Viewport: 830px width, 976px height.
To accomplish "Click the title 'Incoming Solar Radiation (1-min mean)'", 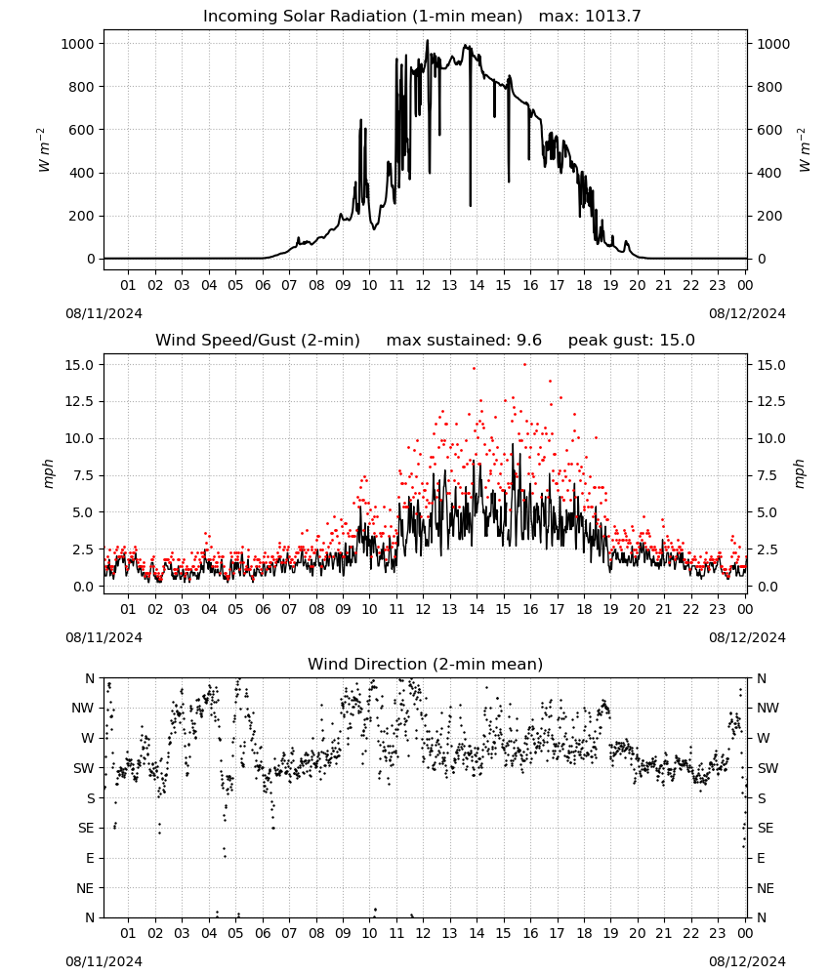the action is [x=362, y=17].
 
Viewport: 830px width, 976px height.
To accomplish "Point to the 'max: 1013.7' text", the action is [x=590, y=17].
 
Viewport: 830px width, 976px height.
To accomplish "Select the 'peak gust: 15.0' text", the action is [x=632, y=340].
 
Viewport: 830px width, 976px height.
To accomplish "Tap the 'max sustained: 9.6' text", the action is [x=464, y=340].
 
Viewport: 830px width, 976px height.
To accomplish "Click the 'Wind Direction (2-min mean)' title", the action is [x=426, y=664].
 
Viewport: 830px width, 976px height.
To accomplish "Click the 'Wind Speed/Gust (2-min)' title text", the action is [x=258, y=340].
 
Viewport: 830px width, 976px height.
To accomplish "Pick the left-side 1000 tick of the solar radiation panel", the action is [x=77, y=44].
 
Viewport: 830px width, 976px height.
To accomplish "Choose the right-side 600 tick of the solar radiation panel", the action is [x=769, y=130].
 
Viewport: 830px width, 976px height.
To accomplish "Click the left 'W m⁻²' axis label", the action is [x=43, y=150].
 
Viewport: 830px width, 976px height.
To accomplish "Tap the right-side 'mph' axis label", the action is [x=800, y=474].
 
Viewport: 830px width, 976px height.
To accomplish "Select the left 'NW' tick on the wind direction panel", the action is [x=83, y=709].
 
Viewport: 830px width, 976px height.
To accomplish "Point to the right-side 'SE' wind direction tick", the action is [x=766, y=829].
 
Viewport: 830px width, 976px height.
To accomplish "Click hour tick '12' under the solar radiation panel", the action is [x=424, y=286].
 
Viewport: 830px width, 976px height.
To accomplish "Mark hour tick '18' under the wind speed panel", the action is [x=584, y=609].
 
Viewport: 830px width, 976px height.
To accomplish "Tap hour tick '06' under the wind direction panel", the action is [x=263, y=934].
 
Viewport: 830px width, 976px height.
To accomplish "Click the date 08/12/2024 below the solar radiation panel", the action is [x=747, y=313].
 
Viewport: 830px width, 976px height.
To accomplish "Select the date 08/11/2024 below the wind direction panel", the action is [x=104, y=961].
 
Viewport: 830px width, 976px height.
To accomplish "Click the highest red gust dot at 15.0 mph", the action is [x=525, y=365].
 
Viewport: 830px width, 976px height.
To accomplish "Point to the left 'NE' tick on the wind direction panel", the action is [x=85, y=889].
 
